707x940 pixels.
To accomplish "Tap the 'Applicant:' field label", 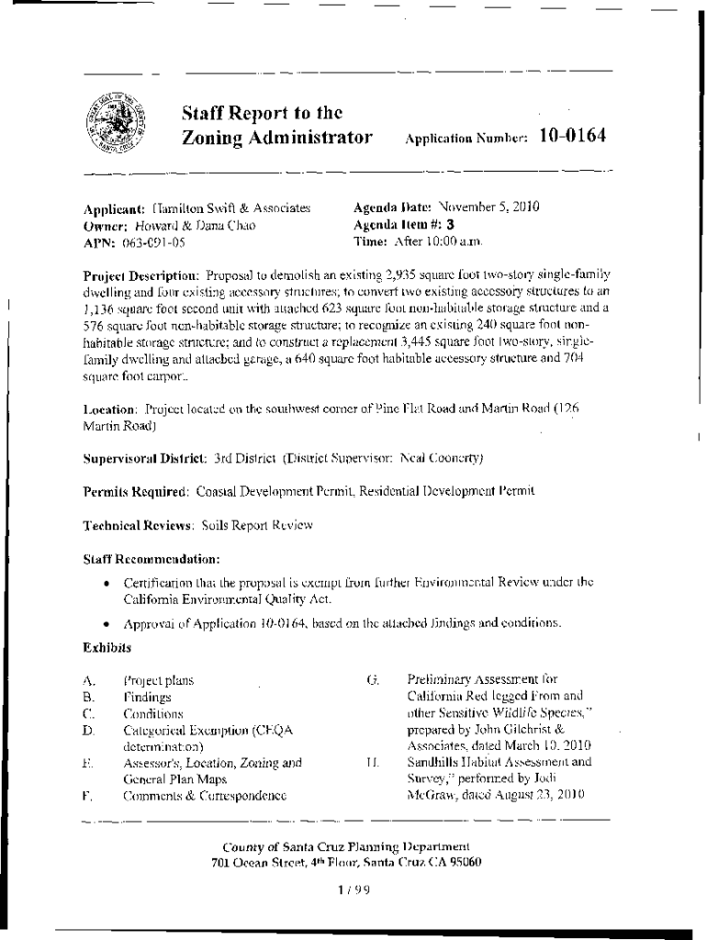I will (x=115, y=208).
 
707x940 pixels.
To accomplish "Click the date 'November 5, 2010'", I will (x=487, y=207).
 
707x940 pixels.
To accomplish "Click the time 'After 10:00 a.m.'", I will (x=438, y=241).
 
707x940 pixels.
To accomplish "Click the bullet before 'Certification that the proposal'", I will (x=108, y=582).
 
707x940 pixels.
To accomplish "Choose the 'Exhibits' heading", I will (x=107, y=647).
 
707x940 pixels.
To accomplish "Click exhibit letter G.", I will (x=372, y=680).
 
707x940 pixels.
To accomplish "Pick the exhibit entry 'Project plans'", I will (x=158, y=681).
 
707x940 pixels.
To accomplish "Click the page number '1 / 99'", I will (x=353, y=889).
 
